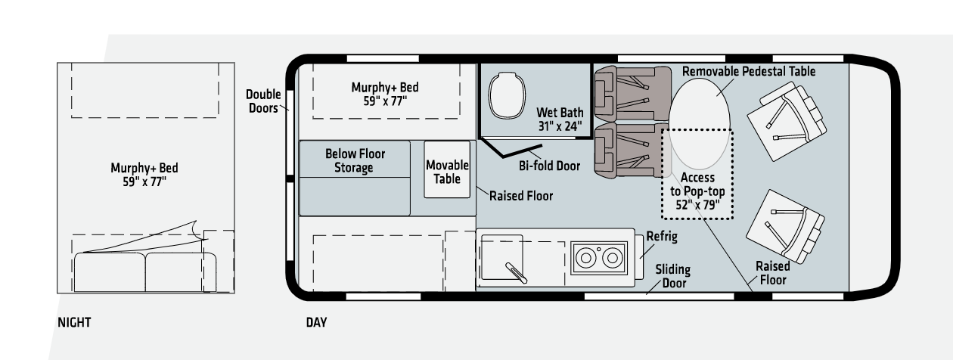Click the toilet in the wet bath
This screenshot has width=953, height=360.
[507, 96]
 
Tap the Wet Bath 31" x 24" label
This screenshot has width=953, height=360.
[560, 119]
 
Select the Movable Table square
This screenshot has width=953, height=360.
[447, 169]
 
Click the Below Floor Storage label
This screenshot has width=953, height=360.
[355, 160]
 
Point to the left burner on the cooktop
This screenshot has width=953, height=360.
[586, 258]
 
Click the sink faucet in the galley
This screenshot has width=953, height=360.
[516, 273]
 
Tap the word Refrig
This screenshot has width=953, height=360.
[662, 237]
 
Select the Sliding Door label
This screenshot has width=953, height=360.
[673, 276]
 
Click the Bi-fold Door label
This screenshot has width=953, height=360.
[549, 166]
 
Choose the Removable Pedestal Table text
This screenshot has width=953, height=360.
[749, 71]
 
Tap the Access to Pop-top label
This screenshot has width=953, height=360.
[697, 191]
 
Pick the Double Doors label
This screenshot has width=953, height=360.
[263, 101]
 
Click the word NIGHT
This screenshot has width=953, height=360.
[74, 322]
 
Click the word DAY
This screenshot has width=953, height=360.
[316, 322]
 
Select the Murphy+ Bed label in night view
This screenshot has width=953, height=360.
[144, 175]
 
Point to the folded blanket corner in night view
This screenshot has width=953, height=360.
[195, 226]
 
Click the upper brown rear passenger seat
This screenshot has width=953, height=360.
[632, 94]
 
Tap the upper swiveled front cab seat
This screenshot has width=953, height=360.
[787, 121]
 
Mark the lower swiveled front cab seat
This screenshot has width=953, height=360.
[786, 226]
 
